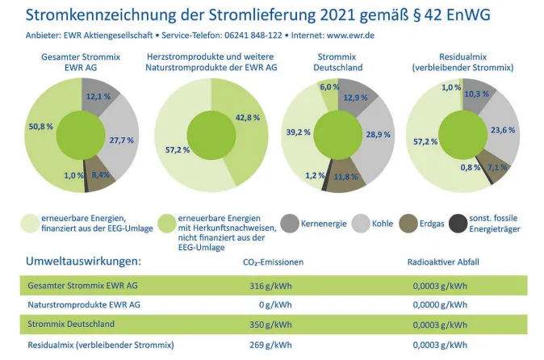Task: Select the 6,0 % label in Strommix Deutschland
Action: [329, 86]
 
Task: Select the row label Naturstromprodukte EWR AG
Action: [84, 304]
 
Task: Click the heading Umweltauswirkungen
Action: [83, 261]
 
